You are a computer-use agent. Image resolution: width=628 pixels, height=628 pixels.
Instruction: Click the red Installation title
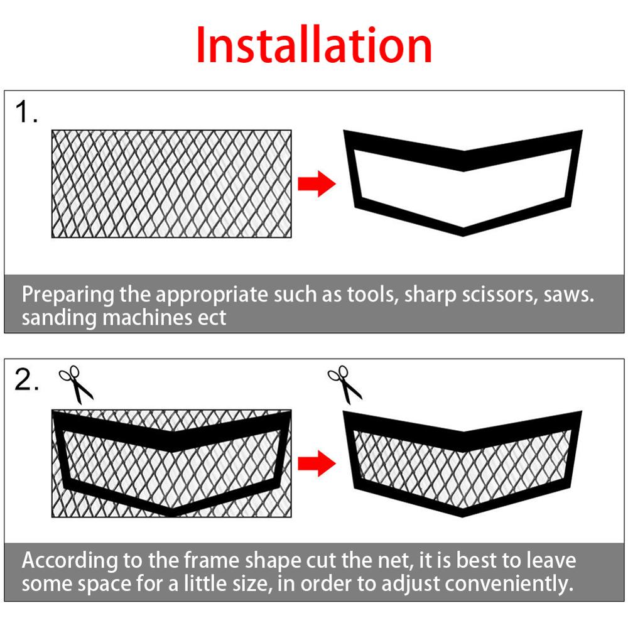point(314,45)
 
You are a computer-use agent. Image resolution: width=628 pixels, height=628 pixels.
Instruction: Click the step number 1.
point(26,113)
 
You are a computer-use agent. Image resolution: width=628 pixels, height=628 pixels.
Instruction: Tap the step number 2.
point(27,381)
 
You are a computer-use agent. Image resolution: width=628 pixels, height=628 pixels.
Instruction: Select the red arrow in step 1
point(317,184)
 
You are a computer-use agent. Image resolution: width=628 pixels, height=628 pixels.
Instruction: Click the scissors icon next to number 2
point(76,385)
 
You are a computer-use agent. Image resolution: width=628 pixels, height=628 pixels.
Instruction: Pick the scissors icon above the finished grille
point(345,384)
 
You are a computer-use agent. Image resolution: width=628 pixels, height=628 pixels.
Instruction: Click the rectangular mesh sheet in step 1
point(171,183)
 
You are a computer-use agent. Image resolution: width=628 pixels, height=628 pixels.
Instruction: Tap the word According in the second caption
point(70,560)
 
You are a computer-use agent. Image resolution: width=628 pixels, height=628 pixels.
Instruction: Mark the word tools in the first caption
point(370,295)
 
